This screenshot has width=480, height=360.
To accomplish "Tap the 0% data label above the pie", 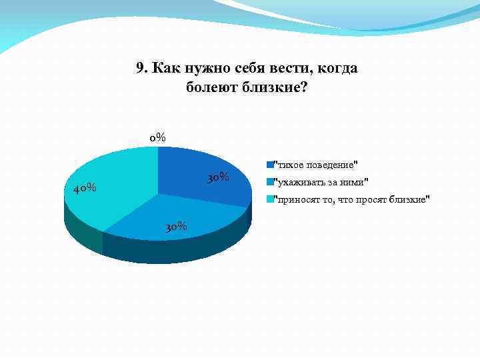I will click(x=157, y=138).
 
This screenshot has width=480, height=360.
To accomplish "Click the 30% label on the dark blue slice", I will click(x=218, y=177).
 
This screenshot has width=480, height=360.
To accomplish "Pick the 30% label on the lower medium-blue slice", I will click(x=175, y=227).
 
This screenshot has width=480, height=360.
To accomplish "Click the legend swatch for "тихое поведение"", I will click(x=269, y=164).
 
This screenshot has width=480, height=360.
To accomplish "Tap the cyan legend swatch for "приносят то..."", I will click(x=269, y=199).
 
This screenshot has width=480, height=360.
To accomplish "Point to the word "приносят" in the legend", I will click(x=295, y=199).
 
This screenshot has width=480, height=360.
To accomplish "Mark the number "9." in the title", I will click(x=141, y=68).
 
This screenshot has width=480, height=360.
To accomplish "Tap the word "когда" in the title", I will click(x=338, y=68).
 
